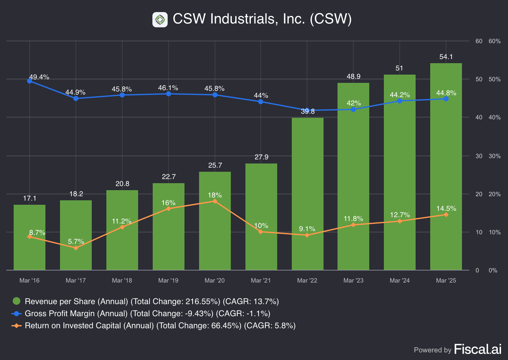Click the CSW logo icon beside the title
[x=160, y=20]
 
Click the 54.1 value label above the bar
[x=446, y=57]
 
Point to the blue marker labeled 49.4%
[x=30, y=81]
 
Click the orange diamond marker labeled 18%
[x=215, y=201]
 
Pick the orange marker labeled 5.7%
[x=76, y=248]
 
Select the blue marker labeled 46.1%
[x=169, y=94]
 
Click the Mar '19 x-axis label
[x=168, y=281]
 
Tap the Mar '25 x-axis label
[x=446, y=281]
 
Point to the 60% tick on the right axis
[x=495, y=41]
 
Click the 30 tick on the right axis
[x=479, y=156]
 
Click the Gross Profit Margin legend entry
[x=147, y=314]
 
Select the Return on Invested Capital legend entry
[x=160, y=326]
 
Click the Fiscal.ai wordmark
[x=478, y=349]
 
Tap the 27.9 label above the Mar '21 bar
[x=261, y=157]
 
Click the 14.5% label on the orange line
[x=446, y=209]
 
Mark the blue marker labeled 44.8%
[x=446, y=99]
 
